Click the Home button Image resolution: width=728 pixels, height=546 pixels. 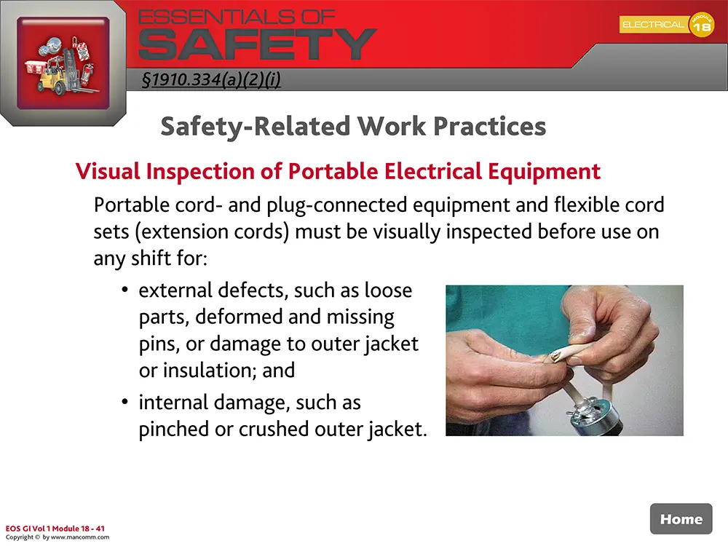tap(681, 519)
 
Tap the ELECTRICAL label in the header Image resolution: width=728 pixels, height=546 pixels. tap(652, 25)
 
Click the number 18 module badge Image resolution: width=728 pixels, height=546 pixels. tap(702, 26)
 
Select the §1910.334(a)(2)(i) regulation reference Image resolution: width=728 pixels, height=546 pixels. tap(211, 79)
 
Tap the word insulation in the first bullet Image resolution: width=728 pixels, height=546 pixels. tap(206, 370)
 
